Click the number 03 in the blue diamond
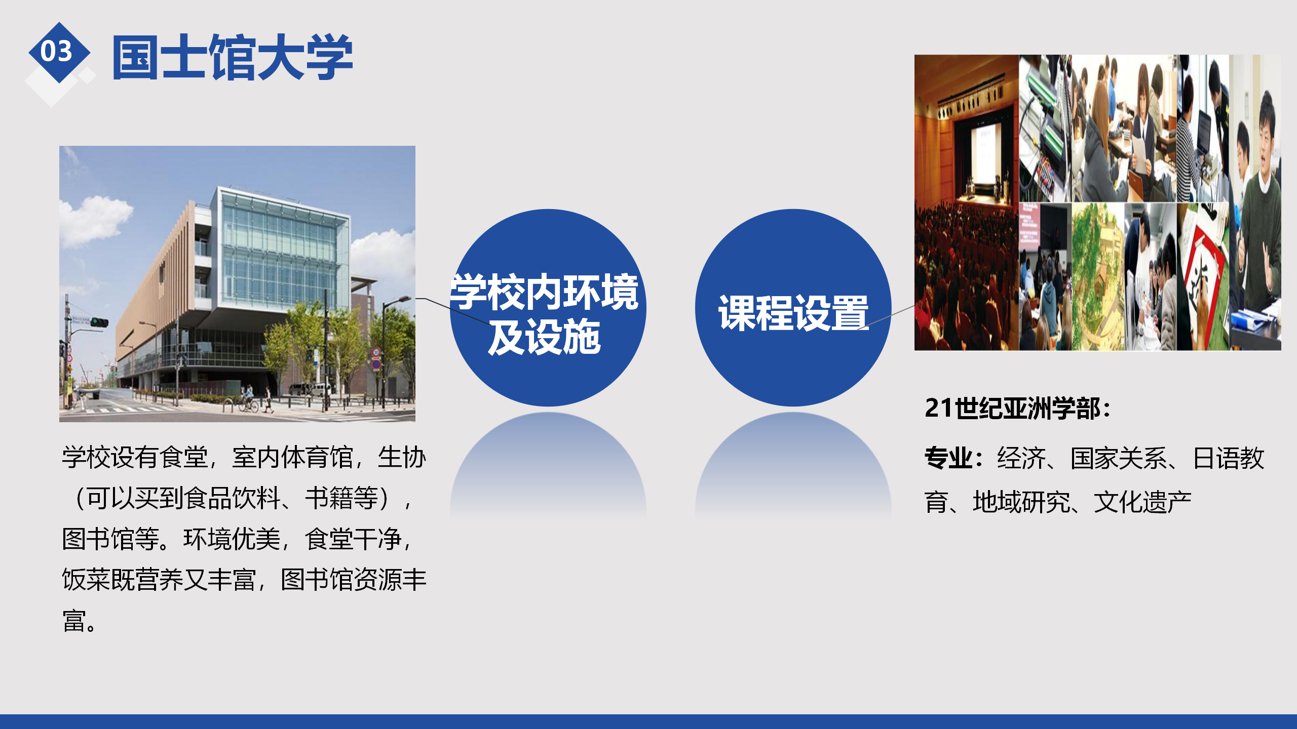coord(56,51)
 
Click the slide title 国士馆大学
coord(233,57)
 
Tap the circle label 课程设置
coord(793,313)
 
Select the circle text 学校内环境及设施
coord(545,314)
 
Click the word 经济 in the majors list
coord(1021,458)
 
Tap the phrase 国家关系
coord(1119,458)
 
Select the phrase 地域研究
coord(1021,502)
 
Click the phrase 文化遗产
coord(1142,502)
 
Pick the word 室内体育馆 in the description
coord(292,457)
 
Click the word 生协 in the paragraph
coord(402,457)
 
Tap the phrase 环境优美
coord(232,539)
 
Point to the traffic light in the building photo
coord(99,322)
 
